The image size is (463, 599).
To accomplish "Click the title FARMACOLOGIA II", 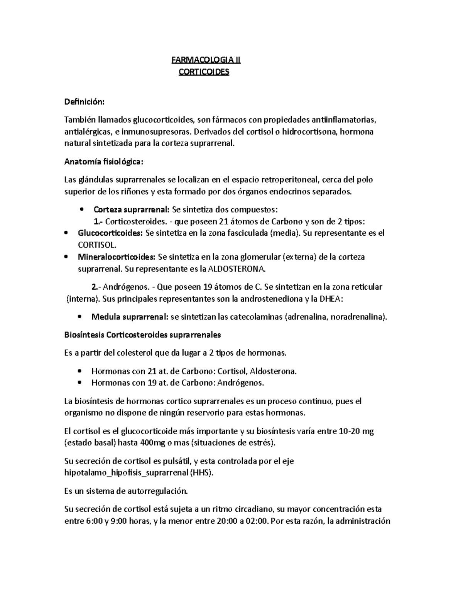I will click(206, 60).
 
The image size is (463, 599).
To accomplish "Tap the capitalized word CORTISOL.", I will click(96, 245).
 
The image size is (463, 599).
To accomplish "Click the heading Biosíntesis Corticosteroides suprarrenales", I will click(142, 335).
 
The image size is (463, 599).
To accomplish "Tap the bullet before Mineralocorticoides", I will click(67, 257).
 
